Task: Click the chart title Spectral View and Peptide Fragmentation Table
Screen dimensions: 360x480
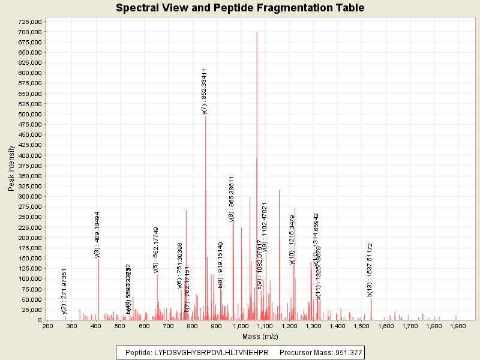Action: [240, 8]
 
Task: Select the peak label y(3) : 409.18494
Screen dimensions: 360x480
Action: [97, 235]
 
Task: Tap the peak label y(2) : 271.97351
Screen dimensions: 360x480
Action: [64, 291]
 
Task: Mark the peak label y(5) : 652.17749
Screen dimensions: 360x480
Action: [156, 250]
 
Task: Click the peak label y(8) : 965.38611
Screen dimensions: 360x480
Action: [232, 199]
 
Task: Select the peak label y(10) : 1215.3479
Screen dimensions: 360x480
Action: [292, 239]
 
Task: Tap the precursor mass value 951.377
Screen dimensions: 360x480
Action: [346, 352]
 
